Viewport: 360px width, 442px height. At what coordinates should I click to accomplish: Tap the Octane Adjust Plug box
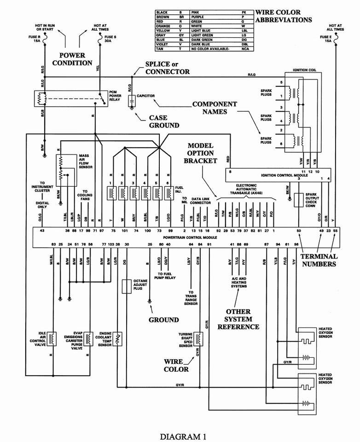click(x=125, y=286)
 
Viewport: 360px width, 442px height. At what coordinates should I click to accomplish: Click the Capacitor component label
click(x=145, y=96)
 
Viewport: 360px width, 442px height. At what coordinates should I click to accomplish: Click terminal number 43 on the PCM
click(x=42, y=230)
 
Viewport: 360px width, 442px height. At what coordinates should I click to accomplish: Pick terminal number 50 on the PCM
click(x=299, y=230)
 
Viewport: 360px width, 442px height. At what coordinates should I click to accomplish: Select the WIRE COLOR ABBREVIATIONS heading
click(x=284, y=16)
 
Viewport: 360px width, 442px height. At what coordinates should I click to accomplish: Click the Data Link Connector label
click(x=201, y=200)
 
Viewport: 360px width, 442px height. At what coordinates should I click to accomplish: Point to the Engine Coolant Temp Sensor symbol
click(x=118, y=339)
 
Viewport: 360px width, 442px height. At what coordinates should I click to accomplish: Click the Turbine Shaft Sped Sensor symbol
click(x=198, y=339)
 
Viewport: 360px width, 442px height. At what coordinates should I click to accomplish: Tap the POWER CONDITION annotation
click(x=72, y=59)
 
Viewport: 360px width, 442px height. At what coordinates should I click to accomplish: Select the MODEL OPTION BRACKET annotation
click(x=200, y=153)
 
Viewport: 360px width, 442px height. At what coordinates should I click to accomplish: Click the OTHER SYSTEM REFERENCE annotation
click(x=238, y=319)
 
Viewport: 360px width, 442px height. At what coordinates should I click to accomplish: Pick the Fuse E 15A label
click(x=326, y=38)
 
